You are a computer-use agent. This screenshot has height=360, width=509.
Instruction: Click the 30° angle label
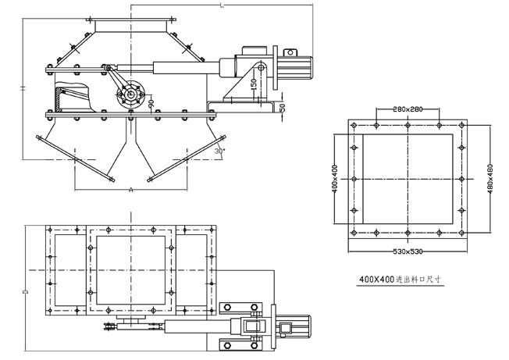pyautogui.click(x=221, y=150)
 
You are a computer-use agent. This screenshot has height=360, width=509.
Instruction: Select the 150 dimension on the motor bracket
pyautogui.click(x=254, y=83)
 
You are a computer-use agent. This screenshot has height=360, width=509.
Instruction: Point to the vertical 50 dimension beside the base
pyautogui.click(x=283, y=106)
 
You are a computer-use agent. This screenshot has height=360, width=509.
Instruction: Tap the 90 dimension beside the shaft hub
pyautogui.click(x=151, y=102)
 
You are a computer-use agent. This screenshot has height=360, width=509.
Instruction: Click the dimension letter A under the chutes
pyautogui.click(x=130, y=190)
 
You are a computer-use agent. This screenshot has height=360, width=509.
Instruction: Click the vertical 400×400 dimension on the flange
pyautogui.click(x=335, y=179)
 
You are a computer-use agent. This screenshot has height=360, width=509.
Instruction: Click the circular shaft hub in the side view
pyautogui.click(x=130, y=98)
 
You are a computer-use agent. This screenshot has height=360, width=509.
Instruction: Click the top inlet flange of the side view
pyautogui.click(x=130, y=29)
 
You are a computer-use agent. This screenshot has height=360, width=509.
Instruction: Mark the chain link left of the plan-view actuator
pyautogui.click(x=111, y=327)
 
